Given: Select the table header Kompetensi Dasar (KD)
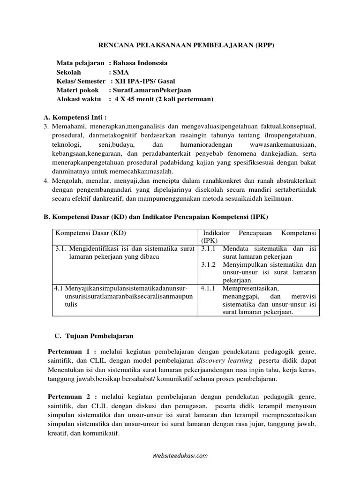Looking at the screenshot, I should click(x=91, y=233).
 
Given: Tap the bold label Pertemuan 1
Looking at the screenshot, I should click(x=72, y=351).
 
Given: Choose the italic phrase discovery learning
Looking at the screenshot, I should click(x=224, y=360).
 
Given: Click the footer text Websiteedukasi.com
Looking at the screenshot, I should click(x=180, y=455).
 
